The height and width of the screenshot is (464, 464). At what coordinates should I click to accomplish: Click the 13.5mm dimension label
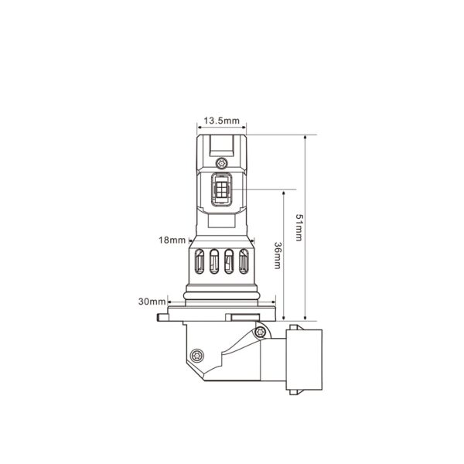(x=222, y=121)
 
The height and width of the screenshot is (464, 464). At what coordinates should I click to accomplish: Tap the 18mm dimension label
(x=171, y=241)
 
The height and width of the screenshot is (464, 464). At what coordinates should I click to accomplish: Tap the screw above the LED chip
(x=223, y=163)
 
